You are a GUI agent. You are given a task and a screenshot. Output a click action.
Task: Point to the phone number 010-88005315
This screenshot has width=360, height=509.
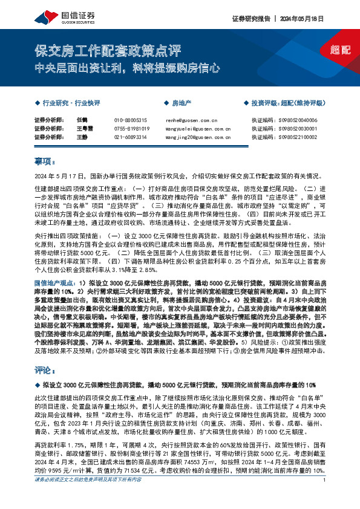point(130,121)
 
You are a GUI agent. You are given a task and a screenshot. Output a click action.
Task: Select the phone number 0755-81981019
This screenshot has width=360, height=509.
point(131,129)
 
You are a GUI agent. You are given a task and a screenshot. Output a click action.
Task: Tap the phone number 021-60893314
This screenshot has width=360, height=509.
point(130,138)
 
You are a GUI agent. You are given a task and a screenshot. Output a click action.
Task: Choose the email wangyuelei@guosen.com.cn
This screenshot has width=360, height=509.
point(196,129)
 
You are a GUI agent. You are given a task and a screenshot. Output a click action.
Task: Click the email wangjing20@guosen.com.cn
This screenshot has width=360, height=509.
point(196,138)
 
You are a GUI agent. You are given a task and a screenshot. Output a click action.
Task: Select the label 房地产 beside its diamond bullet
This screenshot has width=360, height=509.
point(182,103)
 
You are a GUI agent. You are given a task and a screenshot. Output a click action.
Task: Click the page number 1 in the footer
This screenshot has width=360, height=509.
point(325,497)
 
